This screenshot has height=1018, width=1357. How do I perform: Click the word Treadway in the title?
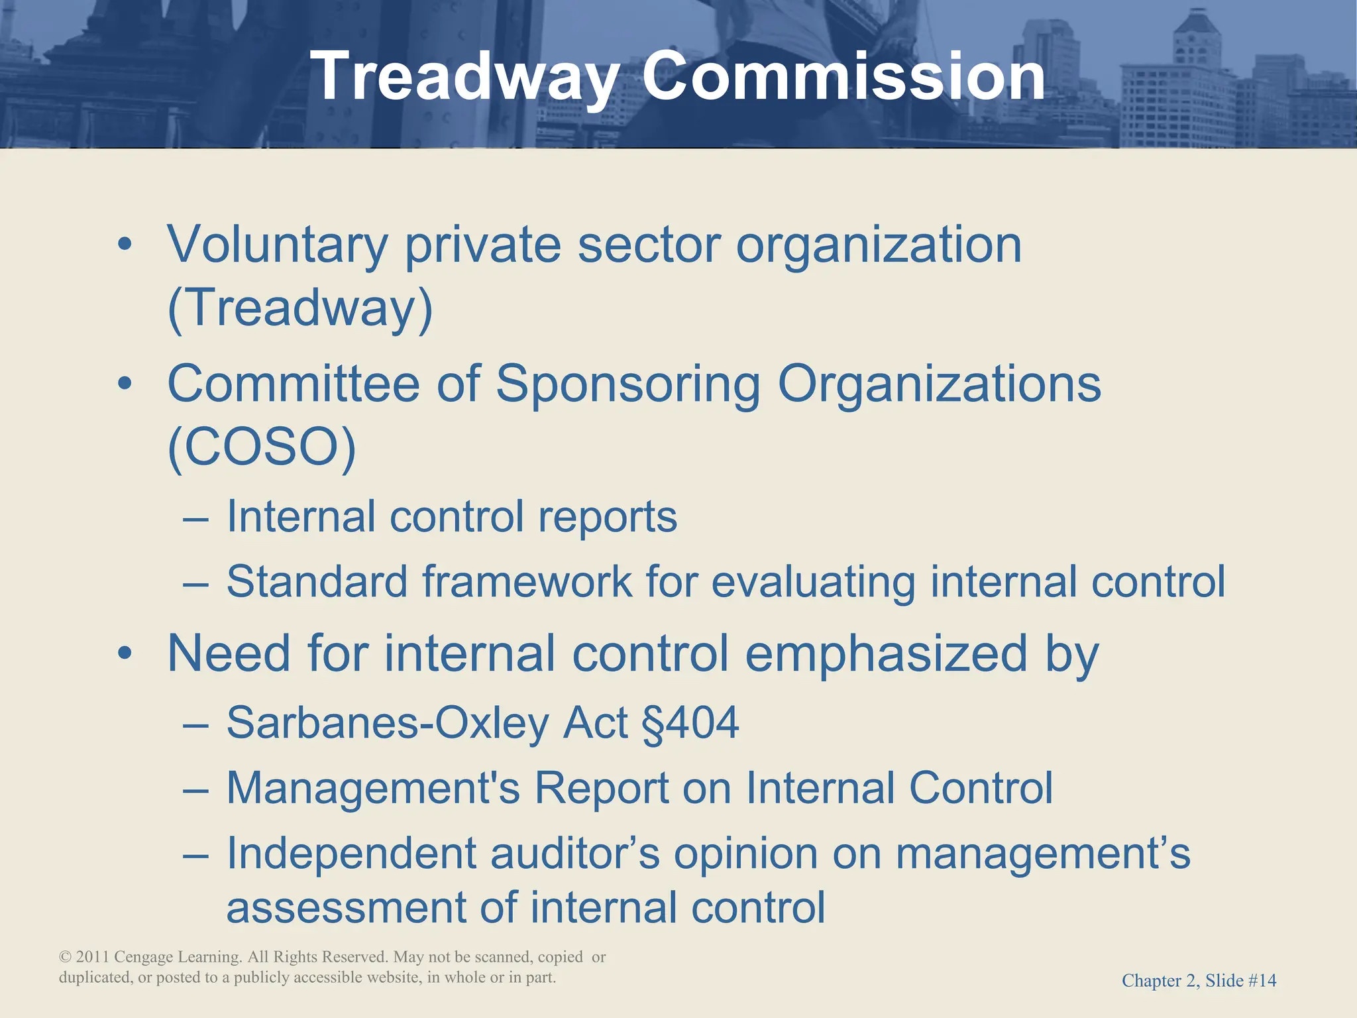[464, 78]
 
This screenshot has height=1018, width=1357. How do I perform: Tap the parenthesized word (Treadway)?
[300, 309]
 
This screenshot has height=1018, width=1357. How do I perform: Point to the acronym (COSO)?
[262, 448]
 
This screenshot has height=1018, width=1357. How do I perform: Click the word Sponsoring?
[627, 384]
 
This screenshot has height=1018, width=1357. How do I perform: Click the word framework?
[527, 582]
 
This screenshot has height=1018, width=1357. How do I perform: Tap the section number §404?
[690, 722]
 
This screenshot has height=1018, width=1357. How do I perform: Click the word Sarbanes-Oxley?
[387, 723]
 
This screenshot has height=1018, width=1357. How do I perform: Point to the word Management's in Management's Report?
[373, 789]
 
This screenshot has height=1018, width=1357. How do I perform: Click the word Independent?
[351, 854]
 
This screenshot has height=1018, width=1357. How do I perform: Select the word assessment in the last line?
[345, 908]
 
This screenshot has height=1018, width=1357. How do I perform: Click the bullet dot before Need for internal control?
[125, 654]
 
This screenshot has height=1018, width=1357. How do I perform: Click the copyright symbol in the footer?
[65, 957]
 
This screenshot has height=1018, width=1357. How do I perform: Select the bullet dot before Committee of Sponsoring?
[125, 384]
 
